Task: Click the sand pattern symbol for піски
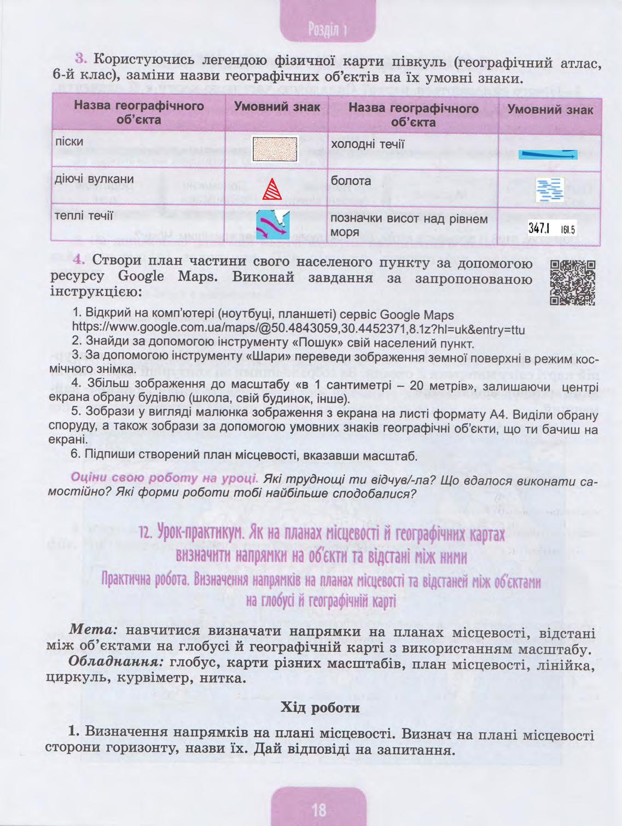pos(275,149)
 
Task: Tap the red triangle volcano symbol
pos(271,189)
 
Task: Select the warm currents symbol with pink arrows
pos(272,224)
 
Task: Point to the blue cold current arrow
pos(548,155)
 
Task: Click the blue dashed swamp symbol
pos(549,190)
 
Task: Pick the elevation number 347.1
pos(538,228)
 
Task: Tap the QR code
pos(573,282)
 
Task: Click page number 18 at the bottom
pos(318,809)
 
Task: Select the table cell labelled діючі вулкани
pos(94,179)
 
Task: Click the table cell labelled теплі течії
pos(84,216)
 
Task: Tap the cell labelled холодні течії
pos(368,144)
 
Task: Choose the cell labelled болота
pos(351,181)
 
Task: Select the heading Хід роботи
pos(320,708)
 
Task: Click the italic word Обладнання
pos(116,661)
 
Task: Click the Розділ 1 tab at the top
pos(328,29)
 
